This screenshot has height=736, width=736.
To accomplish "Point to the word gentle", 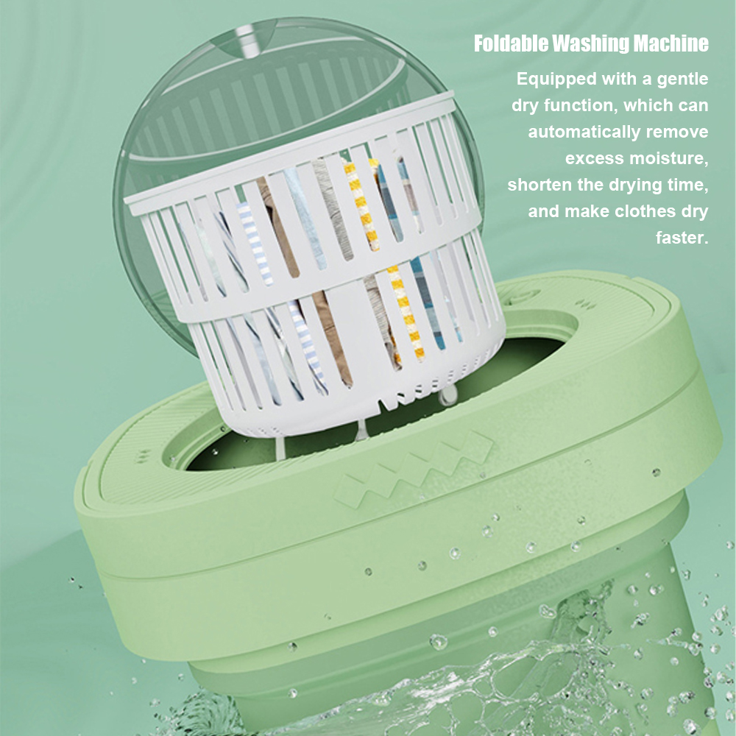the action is click(682, 79).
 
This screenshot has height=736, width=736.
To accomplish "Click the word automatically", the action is click(584, 132).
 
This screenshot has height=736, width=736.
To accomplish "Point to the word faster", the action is click(682, 238).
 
